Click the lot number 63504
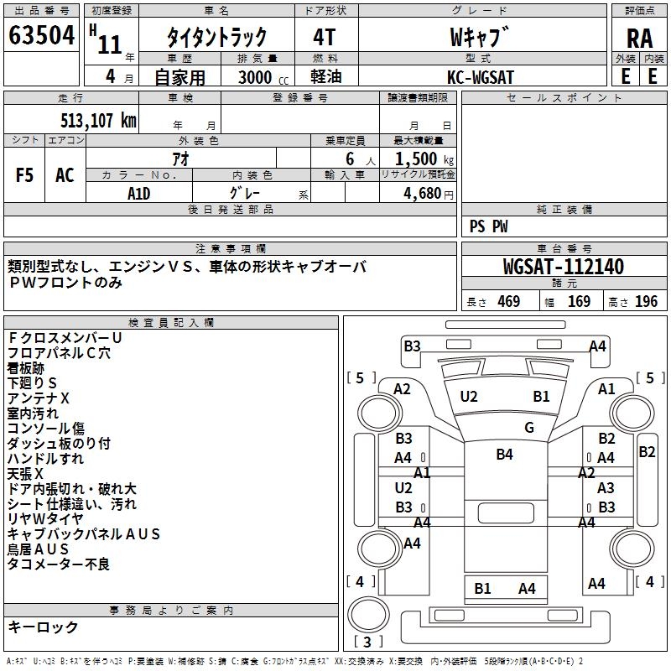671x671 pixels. click(41, 35)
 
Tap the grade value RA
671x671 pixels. click(639, 39)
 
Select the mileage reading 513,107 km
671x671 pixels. click(98, 121)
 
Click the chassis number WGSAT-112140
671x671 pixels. click(564, 267)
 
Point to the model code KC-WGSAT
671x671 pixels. click(480, 77)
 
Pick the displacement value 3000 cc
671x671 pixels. click(263, 78)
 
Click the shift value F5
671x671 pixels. click(24, 175)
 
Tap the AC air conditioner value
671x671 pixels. click(65, 175)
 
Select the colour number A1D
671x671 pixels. click(138, 194)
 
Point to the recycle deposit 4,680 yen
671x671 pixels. click(428, 194)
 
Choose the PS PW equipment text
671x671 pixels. click(488, 226)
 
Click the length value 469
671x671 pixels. click(509, 301)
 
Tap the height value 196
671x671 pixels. click(646, 301)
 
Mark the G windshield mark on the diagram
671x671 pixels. click(529, 428)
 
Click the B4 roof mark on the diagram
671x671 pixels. click(505, 454)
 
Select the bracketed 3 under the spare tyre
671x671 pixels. click(367, 642)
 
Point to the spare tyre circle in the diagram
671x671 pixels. click(368, 615)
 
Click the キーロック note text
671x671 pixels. click(44, 627)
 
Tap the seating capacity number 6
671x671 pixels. click(350, 159)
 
